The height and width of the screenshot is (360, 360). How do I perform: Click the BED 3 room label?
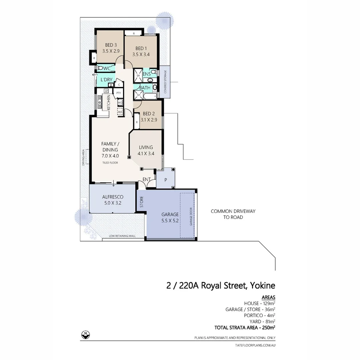pos(111,45)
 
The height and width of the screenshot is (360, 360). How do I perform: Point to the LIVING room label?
pos(146,147)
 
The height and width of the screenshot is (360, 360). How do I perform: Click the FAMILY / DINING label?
pos(110,147)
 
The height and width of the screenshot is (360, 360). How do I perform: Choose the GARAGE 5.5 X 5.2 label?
pos(170,217)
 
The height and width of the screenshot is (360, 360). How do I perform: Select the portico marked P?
pos(166,180)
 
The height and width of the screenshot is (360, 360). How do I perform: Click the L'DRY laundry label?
pos(106,80)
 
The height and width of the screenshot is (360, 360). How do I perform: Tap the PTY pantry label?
pos(118,93)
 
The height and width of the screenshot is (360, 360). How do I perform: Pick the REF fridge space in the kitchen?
pos(120,112)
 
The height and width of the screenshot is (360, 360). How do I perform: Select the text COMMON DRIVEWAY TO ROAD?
pos(233,214)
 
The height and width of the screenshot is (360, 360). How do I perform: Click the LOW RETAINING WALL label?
pos(122,236)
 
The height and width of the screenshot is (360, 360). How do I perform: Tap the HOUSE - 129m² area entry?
pos(259,303)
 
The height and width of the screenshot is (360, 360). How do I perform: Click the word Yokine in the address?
pos(261,285)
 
